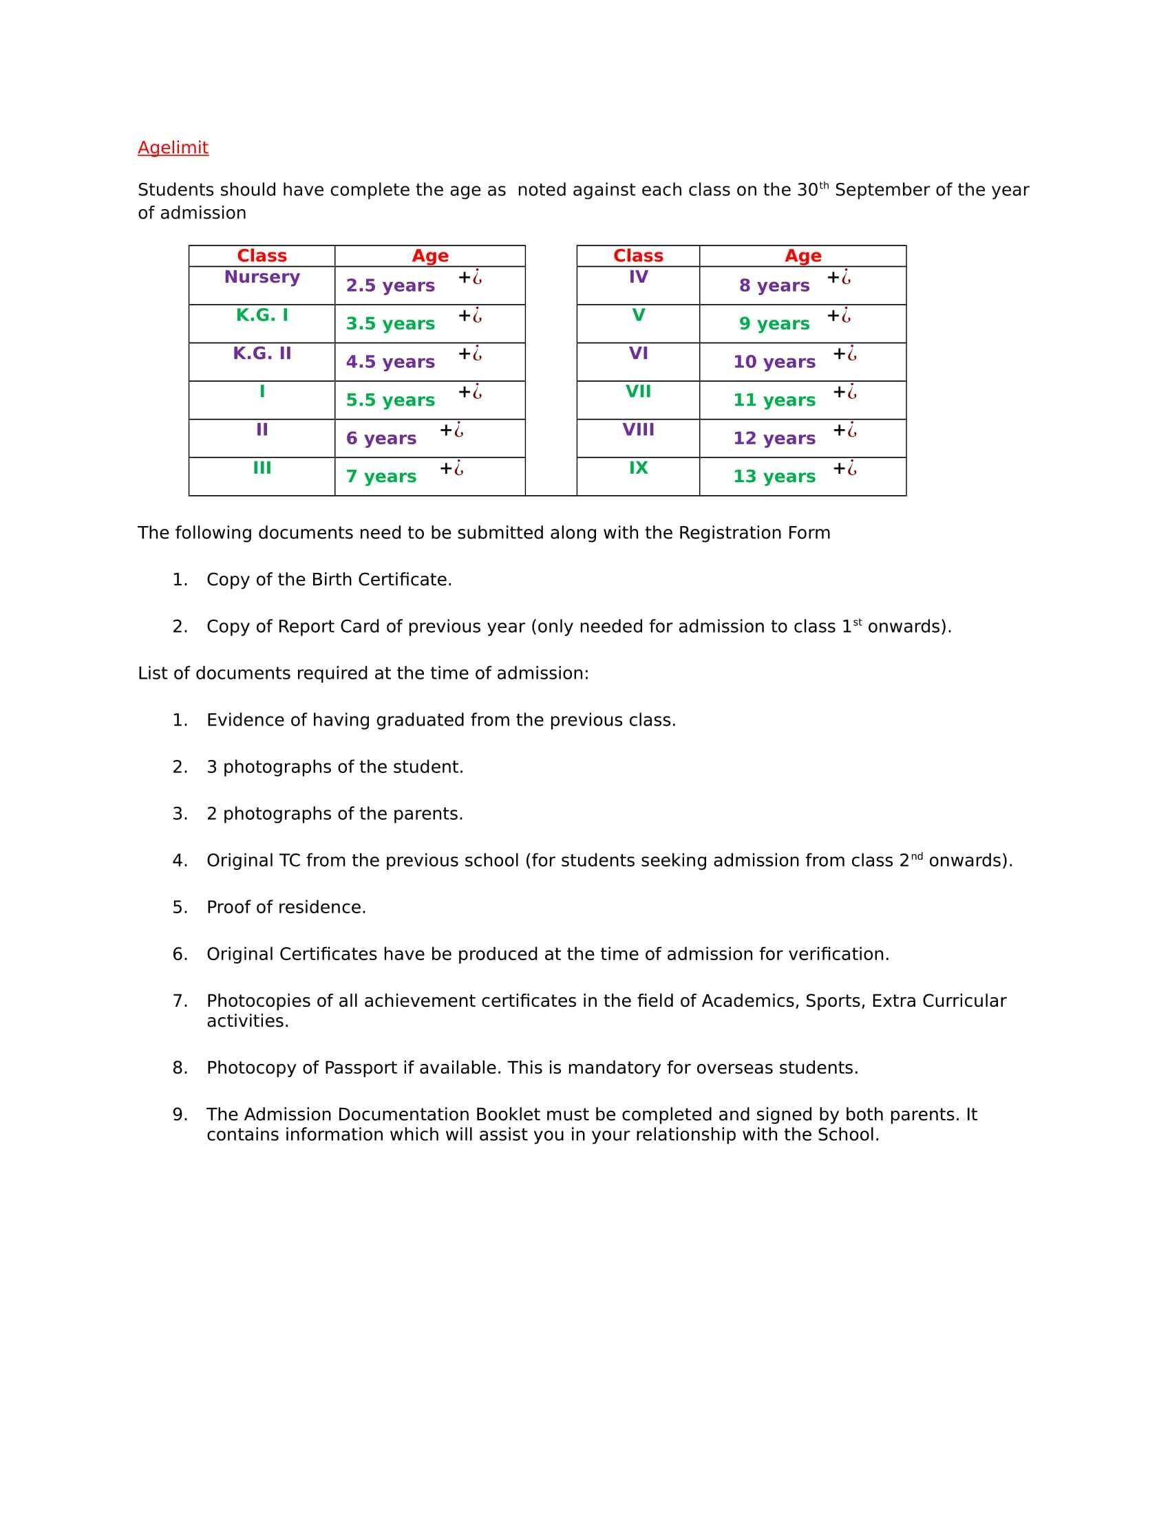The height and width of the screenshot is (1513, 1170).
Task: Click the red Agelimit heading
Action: [x=173, y=148]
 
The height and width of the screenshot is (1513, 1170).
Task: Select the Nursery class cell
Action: [x=262, y=277]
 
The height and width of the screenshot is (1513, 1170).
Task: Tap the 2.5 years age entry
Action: [x=390, y=285]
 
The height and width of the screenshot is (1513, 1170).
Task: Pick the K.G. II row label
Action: [x=262, y=353]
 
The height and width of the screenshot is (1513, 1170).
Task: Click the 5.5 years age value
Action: [x=390, y=400]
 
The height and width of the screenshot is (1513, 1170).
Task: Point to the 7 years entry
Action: [x=381, y=477]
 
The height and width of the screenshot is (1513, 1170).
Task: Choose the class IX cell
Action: [x=638, y=468]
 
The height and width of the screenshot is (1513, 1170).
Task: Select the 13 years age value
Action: [x=774, y=477]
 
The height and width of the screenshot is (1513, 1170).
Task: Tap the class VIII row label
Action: [x=638, y=430]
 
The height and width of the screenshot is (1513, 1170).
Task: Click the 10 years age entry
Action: [x=774, y=362]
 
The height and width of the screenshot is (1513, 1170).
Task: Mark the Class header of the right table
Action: [x=638, y=256]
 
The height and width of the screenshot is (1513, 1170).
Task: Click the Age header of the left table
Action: [x=429, y=256]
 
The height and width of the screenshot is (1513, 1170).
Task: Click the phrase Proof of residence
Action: [x=286, y=907]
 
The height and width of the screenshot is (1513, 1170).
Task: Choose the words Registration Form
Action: [x=754, y=533]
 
